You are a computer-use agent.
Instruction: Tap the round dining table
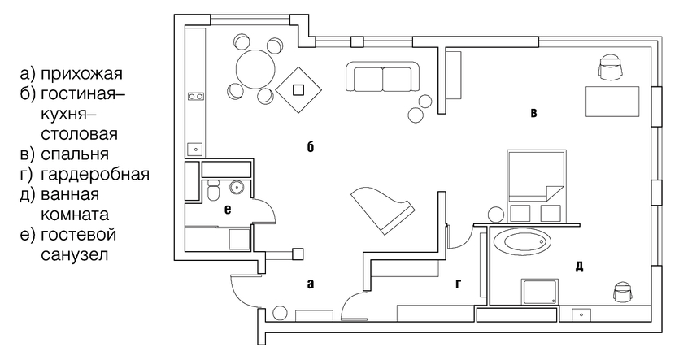pyautogui.click(x=256, y=69)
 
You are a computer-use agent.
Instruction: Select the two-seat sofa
pyautogui.click(x=383, y=76)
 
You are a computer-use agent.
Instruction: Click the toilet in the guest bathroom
pyautogui.click(x=213, y=191)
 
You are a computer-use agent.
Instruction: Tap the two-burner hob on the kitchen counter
pyautogui.click(x=196, y=97)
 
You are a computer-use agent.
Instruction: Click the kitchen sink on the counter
pyautogui.click(x=196, y=150)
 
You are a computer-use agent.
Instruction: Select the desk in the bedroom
pyautogui.click(x=613, y=102)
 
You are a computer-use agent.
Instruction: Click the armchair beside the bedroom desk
pyautogui.click(x=611, y=67)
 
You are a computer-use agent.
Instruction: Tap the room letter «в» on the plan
pyautogui.click(x=534, y=114)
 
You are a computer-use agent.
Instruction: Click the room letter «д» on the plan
pyautogui.click(x=580, y=267)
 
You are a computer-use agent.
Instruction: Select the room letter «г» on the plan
pyautogui.click(x=458, y=284)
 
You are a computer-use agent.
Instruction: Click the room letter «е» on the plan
pyautogui.click(x=228, y=210)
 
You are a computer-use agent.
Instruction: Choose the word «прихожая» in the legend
pyautogui.click(x=82, y=74)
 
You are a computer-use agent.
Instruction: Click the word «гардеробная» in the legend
pyautogui.click(x=95, y=175)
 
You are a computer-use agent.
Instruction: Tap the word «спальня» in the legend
pyautogui.click(x=75, y=154)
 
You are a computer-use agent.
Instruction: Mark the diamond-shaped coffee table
pyautogui.click(x=298, y=89)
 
